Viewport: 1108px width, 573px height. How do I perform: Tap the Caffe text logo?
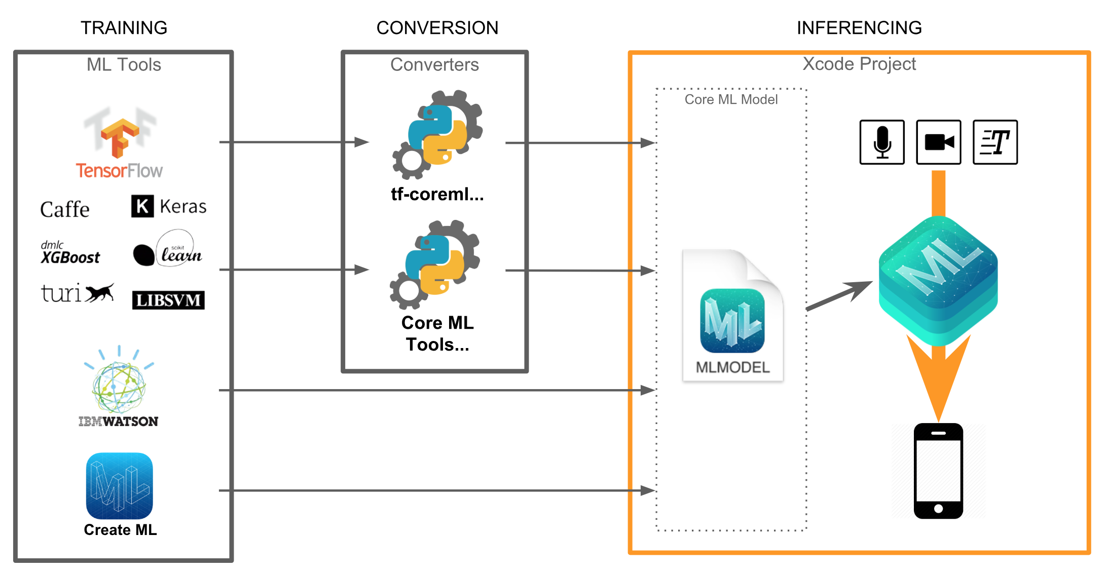click(x=65, y=209)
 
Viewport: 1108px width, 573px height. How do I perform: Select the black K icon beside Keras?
click(x=142, y=206)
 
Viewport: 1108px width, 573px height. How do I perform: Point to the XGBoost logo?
click(x=70, y=253)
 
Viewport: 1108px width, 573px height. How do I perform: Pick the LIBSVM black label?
click(x=168, y=300)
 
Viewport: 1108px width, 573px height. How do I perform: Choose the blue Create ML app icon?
click(x=120, y=486)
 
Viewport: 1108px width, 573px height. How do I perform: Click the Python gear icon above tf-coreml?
click(x=437, y=135)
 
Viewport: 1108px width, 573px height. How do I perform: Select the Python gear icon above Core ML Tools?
click(x=435, y=264)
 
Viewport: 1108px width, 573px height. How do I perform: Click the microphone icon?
click(x=882, y=142)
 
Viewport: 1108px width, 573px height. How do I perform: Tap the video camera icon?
click(x=939, y=142)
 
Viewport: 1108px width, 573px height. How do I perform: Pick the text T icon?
click(x=995, y=142)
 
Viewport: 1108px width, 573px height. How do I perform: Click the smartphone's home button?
click(x=938, y=509)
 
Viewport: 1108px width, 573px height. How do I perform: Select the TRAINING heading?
click(x=124, y=28)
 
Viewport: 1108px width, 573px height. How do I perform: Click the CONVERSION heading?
click(x=437, y=28)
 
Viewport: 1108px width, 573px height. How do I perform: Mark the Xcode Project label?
click(x=859, y=64)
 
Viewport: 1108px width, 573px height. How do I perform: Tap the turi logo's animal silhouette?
click(x=100, y=293)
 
